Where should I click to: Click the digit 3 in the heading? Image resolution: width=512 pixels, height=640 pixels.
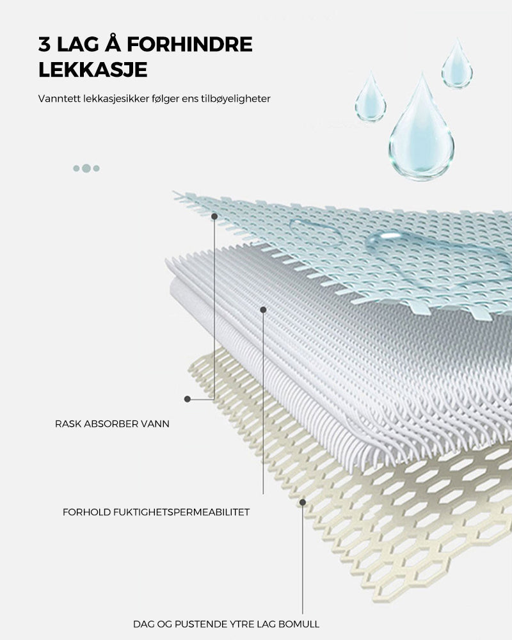pos(44,44)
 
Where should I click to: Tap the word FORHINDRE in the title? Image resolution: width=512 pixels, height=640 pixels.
pos(189,44)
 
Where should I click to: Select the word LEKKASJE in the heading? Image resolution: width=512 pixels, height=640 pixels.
pos(93,70)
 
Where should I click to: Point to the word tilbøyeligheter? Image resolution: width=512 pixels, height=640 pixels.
pos(236,99)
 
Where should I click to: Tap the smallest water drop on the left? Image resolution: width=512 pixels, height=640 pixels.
pos(371,97)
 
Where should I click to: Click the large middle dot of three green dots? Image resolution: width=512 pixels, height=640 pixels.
pos(86,168)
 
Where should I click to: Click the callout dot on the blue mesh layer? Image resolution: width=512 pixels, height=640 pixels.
pos(214,216)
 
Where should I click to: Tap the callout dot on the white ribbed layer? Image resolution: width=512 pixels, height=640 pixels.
pos(263,310)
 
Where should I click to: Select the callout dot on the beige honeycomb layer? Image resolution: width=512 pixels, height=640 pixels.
pos(303,502)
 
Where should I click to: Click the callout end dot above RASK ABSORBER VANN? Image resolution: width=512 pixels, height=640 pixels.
pos(188,399)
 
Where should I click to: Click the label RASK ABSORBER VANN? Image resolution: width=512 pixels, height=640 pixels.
pos(112,424)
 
